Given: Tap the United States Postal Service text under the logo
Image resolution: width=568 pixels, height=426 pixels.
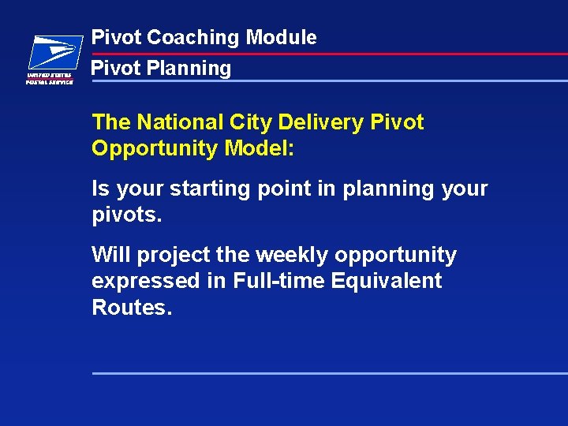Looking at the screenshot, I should tap(50, 78).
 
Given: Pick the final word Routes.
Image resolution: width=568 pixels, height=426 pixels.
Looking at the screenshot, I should tap(131, 307).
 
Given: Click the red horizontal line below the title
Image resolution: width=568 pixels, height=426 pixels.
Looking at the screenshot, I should tap(394, 54).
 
